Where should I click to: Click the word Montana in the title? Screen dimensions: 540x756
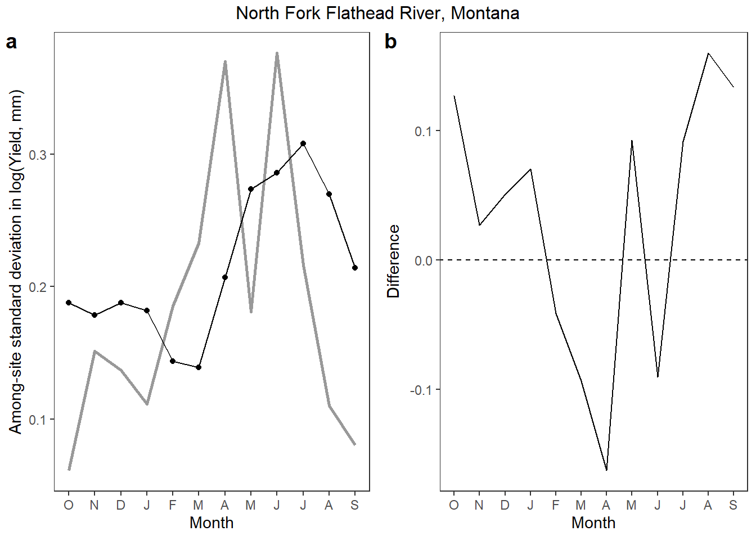click(x=485, y=13)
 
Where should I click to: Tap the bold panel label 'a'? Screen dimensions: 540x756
click(x=12, y=42)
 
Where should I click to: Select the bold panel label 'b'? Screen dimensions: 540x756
click(x=391, y=42)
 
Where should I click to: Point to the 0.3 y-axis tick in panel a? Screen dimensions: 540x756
click(x=38, y=155)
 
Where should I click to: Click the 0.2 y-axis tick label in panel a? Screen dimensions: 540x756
click(x=38, y=287)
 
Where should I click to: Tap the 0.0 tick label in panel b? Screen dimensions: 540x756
click(x=424, y=261)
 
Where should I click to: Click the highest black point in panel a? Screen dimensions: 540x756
click(x=303, y=143)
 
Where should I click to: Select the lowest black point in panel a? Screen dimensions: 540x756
click(x=199, y=367)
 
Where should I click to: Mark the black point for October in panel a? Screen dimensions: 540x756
click(x=69, y=303)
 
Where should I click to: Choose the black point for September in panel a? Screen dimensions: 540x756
click(x=355, y=268)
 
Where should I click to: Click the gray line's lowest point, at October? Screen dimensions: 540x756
click(x=69, y=469)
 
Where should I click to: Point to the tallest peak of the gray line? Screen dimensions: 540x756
click(x=277, y=53)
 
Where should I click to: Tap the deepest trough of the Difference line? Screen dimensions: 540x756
click(x=606, y=470)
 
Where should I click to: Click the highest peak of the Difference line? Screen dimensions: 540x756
click(x=708, y=53)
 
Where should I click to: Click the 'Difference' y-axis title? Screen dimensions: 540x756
click(x=393, y=261)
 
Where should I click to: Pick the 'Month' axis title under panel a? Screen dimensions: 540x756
click(x=211, y=523)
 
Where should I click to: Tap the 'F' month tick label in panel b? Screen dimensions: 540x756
click(x=556, y=505)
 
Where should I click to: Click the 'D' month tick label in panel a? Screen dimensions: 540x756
click(x=120, y=505)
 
